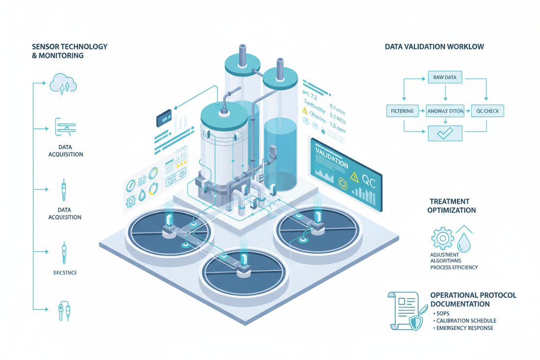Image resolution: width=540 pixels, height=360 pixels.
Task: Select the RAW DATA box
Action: point(444,77)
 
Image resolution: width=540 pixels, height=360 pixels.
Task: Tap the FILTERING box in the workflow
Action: point(403,111)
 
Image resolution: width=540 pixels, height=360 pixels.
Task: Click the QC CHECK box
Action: point(487,111)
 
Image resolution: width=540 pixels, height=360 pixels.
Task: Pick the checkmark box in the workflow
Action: point(444,134)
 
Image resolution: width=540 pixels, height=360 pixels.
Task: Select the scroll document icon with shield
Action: point(405,310)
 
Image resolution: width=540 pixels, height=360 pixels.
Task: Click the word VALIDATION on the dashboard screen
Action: point(332,158)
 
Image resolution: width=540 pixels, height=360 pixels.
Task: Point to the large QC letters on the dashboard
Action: point(368,180)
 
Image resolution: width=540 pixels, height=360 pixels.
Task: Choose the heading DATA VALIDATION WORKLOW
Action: point(434,47)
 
